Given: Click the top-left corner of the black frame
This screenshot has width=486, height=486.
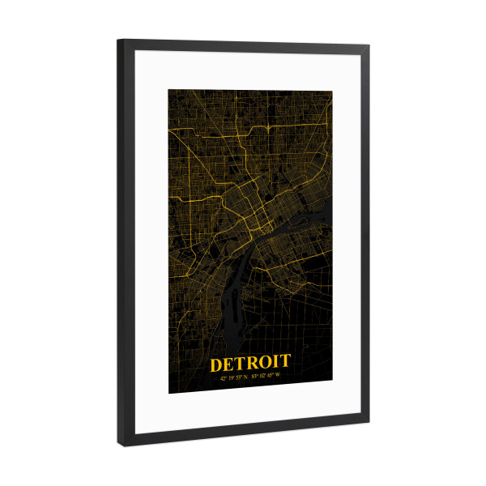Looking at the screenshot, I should coord(117,40).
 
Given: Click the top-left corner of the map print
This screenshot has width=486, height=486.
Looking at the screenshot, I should coord(168,88).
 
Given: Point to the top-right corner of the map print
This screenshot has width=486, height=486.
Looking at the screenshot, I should coord(332,92).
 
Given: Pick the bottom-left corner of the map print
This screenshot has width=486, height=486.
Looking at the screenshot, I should coord(168,394).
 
